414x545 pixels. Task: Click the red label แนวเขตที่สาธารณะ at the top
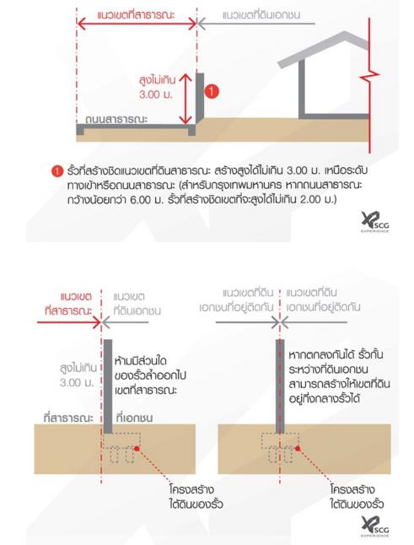click(136, 15)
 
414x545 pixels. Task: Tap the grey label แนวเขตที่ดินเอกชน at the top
click(261, 15)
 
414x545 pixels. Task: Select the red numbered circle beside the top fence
click(212, 92)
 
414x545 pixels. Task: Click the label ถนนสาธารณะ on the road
click(116, 119)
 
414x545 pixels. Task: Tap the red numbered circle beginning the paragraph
click(57, 172)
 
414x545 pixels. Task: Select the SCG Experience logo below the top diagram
click(374, 222)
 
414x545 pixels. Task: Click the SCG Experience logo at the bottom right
click(374, 526)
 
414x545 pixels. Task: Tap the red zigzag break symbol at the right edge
click(370, 75)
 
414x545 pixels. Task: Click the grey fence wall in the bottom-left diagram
click(108, 386)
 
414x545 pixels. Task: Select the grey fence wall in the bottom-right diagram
click(280, 386)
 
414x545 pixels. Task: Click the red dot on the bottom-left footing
click(137, 448)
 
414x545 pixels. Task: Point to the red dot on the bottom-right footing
click(298, 448)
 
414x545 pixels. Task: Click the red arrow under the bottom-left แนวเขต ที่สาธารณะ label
click(69, 322)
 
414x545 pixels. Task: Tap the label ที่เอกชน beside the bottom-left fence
click(134, 418)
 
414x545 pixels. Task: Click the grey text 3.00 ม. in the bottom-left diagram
click(77, 383)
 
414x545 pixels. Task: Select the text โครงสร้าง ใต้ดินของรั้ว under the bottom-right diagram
click(357, 496)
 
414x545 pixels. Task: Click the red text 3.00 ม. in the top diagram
click(156, 94)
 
